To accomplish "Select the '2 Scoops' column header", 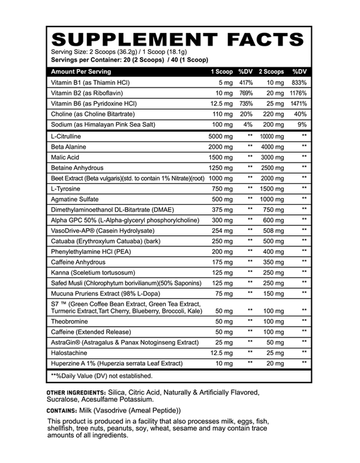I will [x=271, y=71].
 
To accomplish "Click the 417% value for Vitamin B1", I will [x=245, y=82].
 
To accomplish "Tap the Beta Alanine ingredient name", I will [x=69, y=147].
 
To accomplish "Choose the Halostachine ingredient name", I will [x=70, y=353].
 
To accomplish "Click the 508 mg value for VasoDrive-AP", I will [x=274, y=230].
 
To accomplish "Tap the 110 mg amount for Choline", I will [x=221, y=114].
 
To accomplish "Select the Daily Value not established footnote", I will [x=102, y=376].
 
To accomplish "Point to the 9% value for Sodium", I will [x=302, y=125].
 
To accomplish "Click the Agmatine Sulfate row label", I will [x=74, y=199].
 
